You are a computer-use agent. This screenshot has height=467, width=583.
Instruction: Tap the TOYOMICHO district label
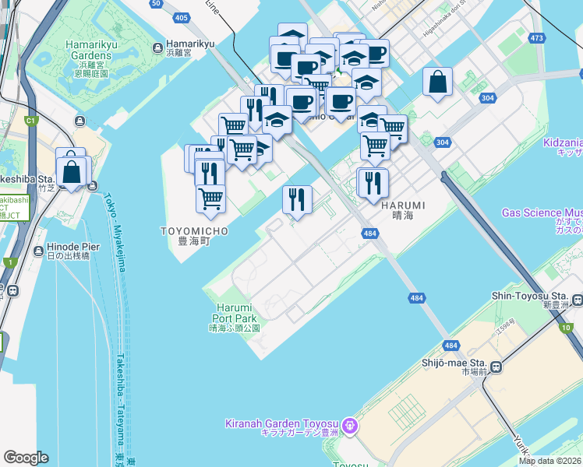pos(195,231)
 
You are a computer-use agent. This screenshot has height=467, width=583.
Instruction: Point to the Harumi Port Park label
pos(234,313)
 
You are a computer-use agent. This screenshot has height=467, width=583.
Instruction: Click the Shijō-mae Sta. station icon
pos(495,367)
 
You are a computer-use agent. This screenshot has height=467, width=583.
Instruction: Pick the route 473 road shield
pos(536,37)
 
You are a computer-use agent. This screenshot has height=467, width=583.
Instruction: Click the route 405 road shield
pos(182,17)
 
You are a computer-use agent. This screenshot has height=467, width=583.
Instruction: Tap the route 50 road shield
pos(157,4)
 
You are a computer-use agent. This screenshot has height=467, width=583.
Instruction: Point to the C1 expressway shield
pos(31,121)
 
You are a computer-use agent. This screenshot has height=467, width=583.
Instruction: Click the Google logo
pos(26,458)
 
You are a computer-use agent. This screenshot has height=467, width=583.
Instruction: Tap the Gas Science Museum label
pos(542,212)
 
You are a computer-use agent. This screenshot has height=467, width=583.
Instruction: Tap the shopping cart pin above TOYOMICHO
pos(210,199)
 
